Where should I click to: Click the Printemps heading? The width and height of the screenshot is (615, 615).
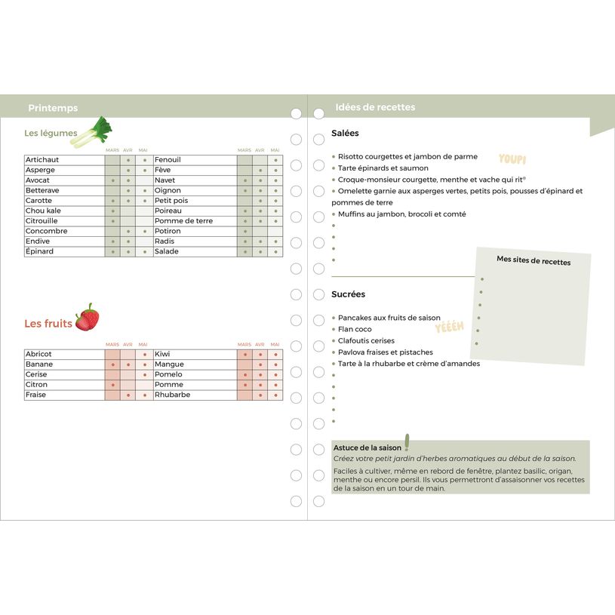tap(53, 108)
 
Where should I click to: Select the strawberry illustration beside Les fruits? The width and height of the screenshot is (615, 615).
tap(87, 318)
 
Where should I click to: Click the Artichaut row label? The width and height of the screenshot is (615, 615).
tap(42, 160)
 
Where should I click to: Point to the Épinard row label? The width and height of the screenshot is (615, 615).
tap(40, 251)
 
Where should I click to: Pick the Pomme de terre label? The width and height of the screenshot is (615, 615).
tap(183, 221)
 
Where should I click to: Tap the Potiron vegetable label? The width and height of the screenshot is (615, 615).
tap(168, 231)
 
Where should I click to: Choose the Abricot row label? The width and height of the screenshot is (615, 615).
tap(38, 354)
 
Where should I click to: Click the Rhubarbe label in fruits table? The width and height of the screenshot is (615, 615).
tap(172, 395)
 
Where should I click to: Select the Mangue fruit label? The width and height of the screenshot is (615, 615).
tap(169, 364)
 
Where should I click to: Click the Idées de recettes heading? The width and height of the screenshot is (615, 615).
tap(375, 107)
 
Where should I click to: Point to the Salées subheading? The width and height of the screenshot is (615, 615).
tap(345, 134)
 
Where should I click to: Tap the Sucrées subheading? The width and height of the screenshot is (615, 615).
tap(348, 294)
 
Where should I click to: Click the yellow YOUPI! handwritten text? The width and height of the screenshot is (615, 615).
tap(512, 159)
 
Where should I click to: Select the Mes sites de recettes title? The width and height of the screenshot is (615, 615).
tap(534, 261)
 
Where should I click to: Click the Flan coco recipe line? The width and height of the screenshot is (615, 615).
tap(355, 329)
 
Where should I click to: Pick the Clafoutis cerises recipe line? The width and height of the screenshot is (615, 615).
tap(366, 340)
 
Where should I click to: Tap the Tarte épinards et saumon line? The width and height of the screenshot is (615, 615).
tap(383, 168)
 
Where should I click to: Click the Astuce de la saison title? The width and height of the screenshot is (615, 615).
tap(368, 447)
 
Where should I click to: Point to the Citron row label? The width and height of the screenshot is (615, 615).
tap(36, 385)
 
